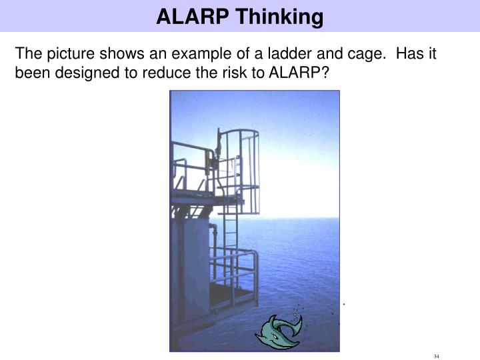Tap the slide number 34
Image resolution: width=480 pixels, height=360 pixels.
click(x=436, y=355)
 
